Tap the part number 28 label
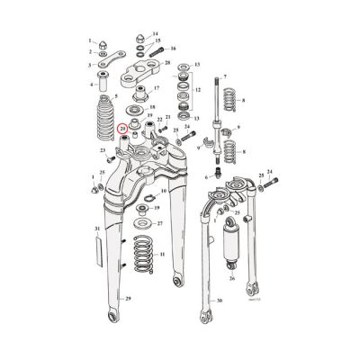pos(167,62)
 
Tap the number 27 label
pos(159,222)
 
